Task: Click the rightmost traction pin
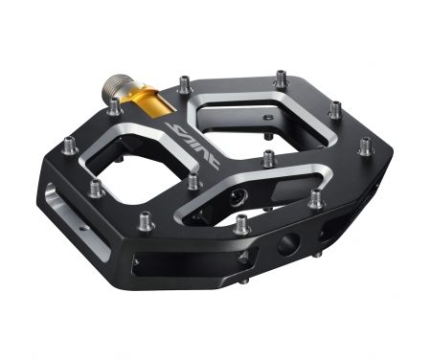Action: (365, 146)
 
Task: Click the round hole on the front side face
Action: (284, 244)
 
